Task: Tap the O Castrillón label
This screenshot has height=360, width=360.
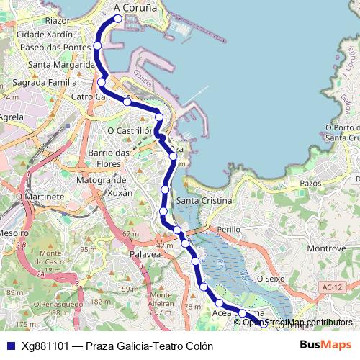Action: (x=130, y=131)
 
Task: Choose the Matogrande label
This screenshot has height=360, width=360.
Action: (x=101, y=179)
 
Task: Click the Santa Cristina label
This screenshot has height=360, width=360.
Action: (x=204, y=200)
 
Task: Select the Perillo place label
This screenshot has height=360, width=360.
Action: (x=228, y=228)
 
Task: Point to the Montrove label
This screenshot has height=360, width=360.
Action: (x=327, y=248)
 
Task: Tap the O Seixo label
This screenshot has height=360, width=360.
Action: (x=271, y=278)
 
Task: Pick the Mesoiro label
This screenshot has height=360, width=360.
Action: (x=14, y=233)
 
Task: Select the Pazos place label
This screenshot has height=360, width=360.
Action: (x=310, y=184)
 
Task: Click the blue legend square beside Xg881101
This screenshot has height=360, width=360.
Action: (x=10, y=346)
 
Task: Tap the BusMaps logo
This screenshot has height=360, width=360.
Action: (x=326, y=346)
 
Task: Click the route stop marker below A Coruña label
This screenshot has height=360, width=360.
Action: (x=118, y=19)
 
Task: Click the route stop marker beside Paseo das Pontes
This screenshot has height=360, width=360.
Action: (x=98, y=46)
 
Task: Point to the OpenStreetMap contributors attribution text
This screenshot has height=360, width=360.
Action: (x=297, y=323)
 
